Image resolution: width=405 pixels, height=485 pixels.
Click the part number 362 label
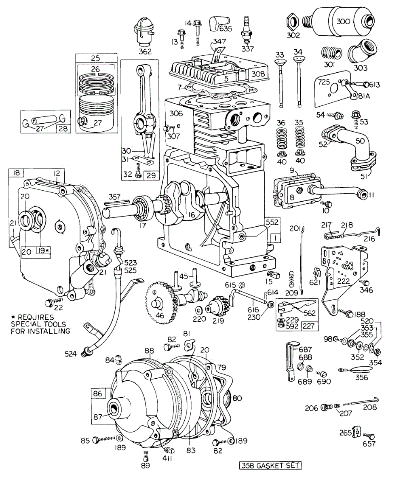coord(144,51)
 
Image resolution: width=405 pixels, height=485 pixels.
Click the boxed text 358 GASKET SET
coord(270,465)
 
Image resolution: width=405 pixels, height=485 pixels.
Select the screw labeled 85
coord(97,439)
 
